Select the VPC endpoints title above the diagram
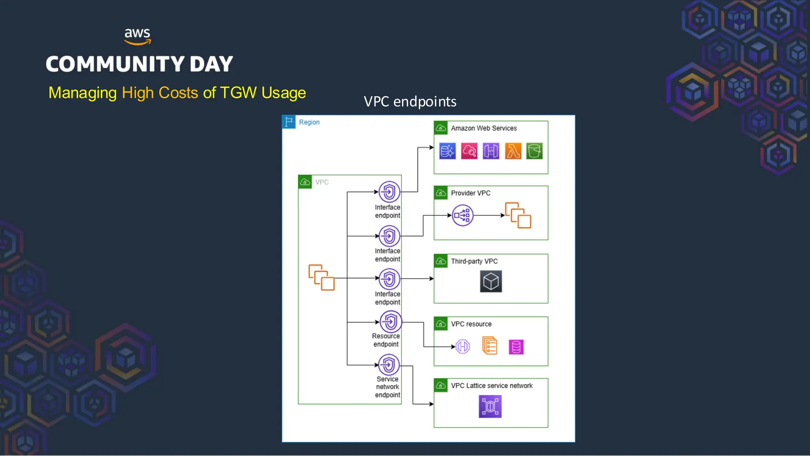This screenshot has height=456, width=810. click(410, 102)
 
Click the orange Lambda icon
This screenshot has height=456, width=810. click(513, 151)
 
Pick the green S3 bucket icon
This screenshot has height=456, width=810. click(534, 151)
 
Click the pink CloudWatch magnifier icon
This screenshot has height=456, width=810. click(469, 151)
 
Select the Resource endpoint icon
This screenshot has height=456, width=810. click(390, 321)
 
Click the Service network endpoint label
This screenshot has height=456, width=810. click(388, 387)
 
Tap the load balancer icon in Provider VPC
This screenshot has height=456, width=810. click(462, 215)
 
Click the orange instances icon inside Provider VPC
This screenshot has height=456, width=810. click(518, 215)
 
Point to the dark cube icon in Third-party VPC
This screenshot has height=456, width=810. click(491, 281)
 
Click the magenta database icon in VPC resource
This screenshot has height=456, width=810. click(516, 347)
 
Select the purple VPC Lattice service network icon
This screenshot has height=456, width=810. click(490, 407)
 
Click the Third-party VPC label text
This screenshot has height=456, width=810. click(474, 261)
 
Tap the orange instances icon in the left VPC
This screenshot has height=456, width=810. click(322, 277)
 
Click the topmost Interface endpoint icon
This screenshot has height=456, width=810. click(389, 192)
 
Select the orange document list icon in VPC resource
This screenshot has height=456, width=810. click(490, 346)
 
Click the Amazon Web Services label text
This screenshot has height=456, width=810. click(484, 128)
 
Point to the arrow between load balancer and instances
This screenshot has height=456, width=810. click(489, 215)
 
